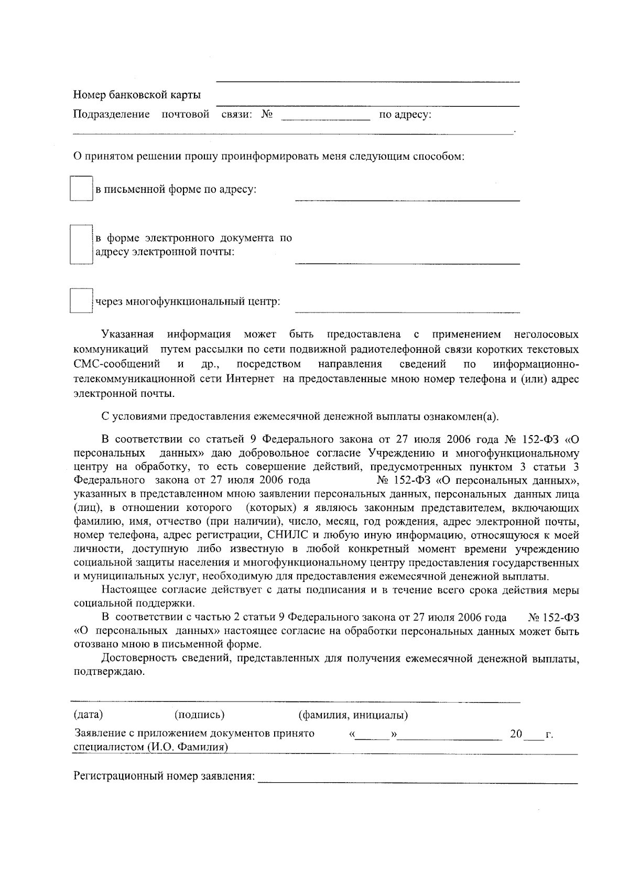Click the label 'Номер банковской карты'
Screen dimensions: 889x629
[x=137, y=95]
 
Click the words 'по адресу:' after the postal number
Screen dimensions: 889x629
[x=405, y=115]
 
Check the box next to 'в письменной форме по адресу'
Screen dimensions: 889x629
[x=81, y=189]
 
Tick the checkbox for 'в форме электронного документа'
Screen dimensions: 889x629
[x=81, y=245]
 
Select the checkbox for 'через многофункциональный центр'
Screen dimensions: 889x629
[x=81, y=302]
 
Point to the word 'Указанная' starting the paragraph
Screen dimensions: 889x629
[x=128, y=335]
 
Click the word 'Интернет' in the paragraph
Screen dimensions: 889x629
[x=251, y=379]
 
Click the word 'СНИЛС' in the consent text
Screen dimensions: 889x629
[x=283, y=536]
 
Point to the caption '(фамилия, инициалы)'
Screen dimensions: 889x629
[x=353, y=715]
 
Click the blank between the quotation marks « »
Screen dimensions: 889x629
[x=373, y=735]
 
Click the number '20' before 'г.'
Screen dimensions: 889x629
[x=516, y=734]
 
